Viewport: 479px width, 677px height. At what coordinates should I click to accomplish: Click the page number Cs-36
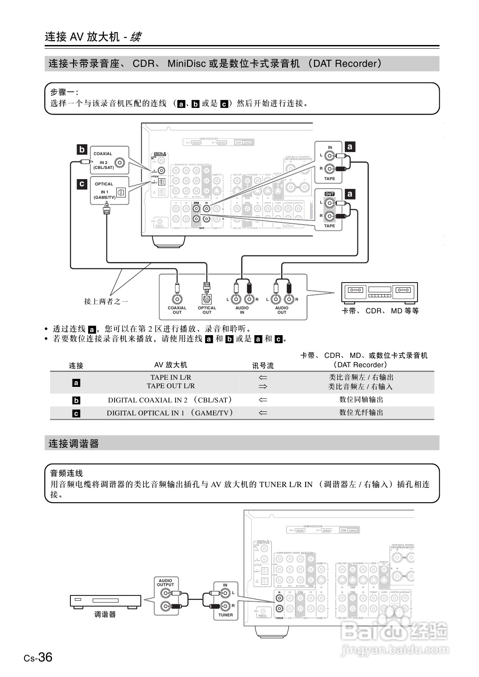click(38, 657)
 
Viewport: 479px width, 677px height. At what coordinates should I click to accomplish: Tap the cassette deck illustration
click(379, 292)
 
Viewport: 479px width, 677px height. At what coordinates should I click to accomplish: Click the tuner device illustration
click(106, 601)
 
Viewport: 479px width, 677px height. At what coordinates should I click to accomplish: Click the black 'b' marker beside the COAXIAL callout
click(82, 150)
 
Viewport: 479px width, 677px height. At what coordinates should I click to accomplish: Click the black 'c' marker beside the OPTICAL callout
click(82, 184)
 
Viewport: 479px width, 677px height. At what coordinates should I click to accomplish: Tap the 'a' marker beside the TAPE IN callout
click(350, 147)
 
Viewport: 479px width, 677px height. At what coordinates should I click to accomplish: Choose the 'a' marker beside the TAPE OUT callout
click(350, 194)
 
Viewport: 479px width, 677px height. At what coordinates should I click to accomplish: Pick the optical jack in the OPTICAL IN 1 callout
click(121, 193)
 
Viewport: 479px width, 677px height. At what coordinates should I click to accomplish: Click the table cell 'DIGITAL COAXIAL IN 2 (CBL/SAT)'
click(170, 400)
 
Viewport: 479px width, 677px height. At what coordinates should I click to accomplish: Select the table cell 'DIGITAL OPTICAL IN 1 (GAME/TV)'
click(170, 413)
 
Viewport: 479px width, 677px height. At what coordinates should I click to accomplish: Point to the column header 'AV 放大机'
click(171, 365)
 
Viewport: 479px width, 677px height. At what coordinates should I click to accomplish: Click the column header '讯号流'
click(263, 365)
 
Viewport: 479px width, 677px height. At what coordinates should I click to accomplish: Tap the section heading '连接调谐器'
click(74, 443)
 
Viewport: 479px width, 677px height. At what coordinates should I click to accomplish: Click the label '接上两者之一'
click(106, 301)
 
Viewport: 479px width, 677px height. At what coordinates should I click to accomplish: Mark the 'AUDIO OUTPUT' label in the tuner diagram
click(165, 583)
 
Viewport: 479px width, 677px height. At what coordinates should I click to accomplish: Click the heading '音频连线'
click(66, 473)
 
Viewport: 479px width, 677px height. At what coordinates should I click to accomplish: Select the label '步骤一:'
click(64, 92)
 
